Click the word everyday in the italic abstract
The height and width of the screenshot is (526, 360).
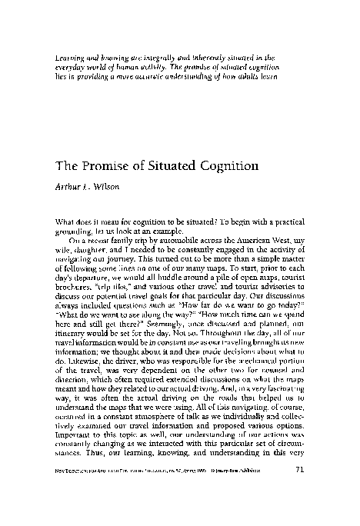click(x=71, y=67)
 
